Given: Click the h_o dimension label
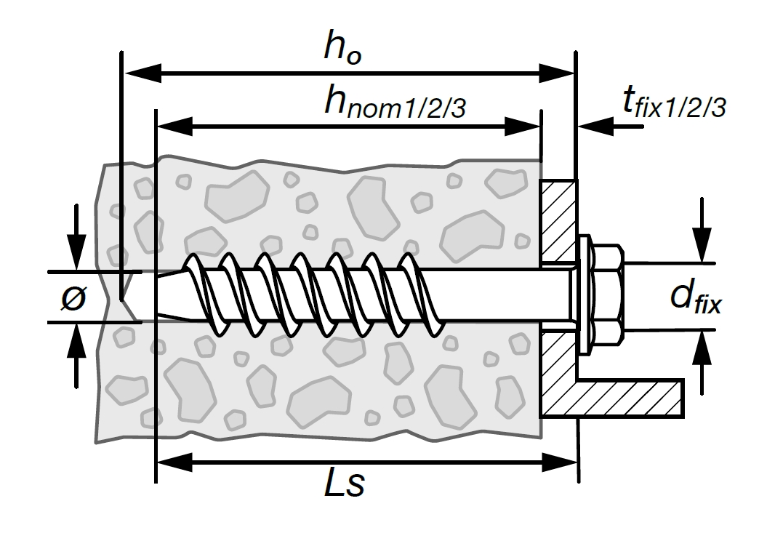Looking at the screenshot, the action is point(342,49).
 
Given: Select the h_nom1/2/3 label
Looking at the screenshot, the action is point(395,103).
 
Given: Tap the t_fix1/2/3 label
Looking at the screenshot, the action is point(674,103).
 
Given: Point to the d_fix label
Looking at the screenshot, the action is point(696,297).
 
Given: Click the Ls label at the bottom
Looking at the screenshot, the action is point(345,483).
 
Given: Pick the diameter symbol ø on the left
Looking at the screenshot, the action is point(73,298).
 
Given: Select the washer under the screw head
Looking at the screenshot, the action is point(585,294).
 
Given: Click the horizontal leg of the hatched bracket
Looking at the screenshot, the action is point(631,398).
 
